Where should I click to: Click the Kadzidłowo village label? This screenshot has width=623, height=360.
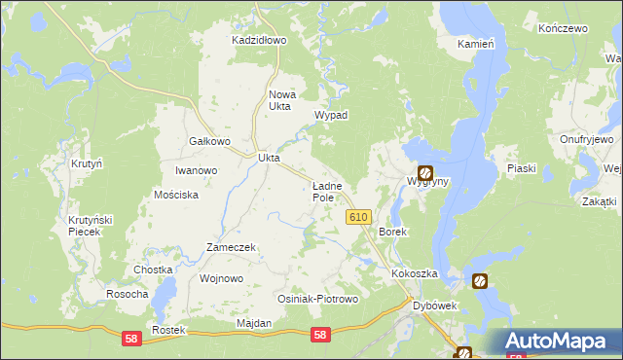(258, 41)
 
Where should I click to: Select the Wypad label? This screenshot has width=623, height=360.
(330, 115)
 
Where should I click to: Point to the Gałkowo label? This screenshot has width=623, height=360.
(208, 141)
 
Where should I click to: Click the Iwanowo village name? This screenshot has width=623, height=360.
(196, 170)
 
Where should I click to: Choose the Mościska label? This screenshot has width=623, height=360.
(176, 195)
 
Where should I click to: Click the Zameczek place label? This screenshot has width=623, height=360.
(231, 247)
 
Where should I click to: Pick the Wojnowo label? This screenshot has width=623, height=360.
(220, 278)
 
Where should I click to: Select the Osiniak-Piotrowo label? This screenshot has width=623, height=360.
(318, 300)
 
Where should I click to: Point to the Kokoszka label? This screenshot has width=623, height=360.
(415, 274)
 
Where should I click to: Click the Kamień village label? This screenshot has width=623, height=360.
(477, 45)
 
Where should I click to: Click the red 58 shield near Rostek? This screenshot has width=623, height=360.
(131, 338)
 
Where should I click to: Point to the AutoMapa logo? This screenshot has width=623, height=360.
(561, 341)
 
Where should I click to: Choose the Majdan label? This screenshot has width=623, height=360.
(253, 323)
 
